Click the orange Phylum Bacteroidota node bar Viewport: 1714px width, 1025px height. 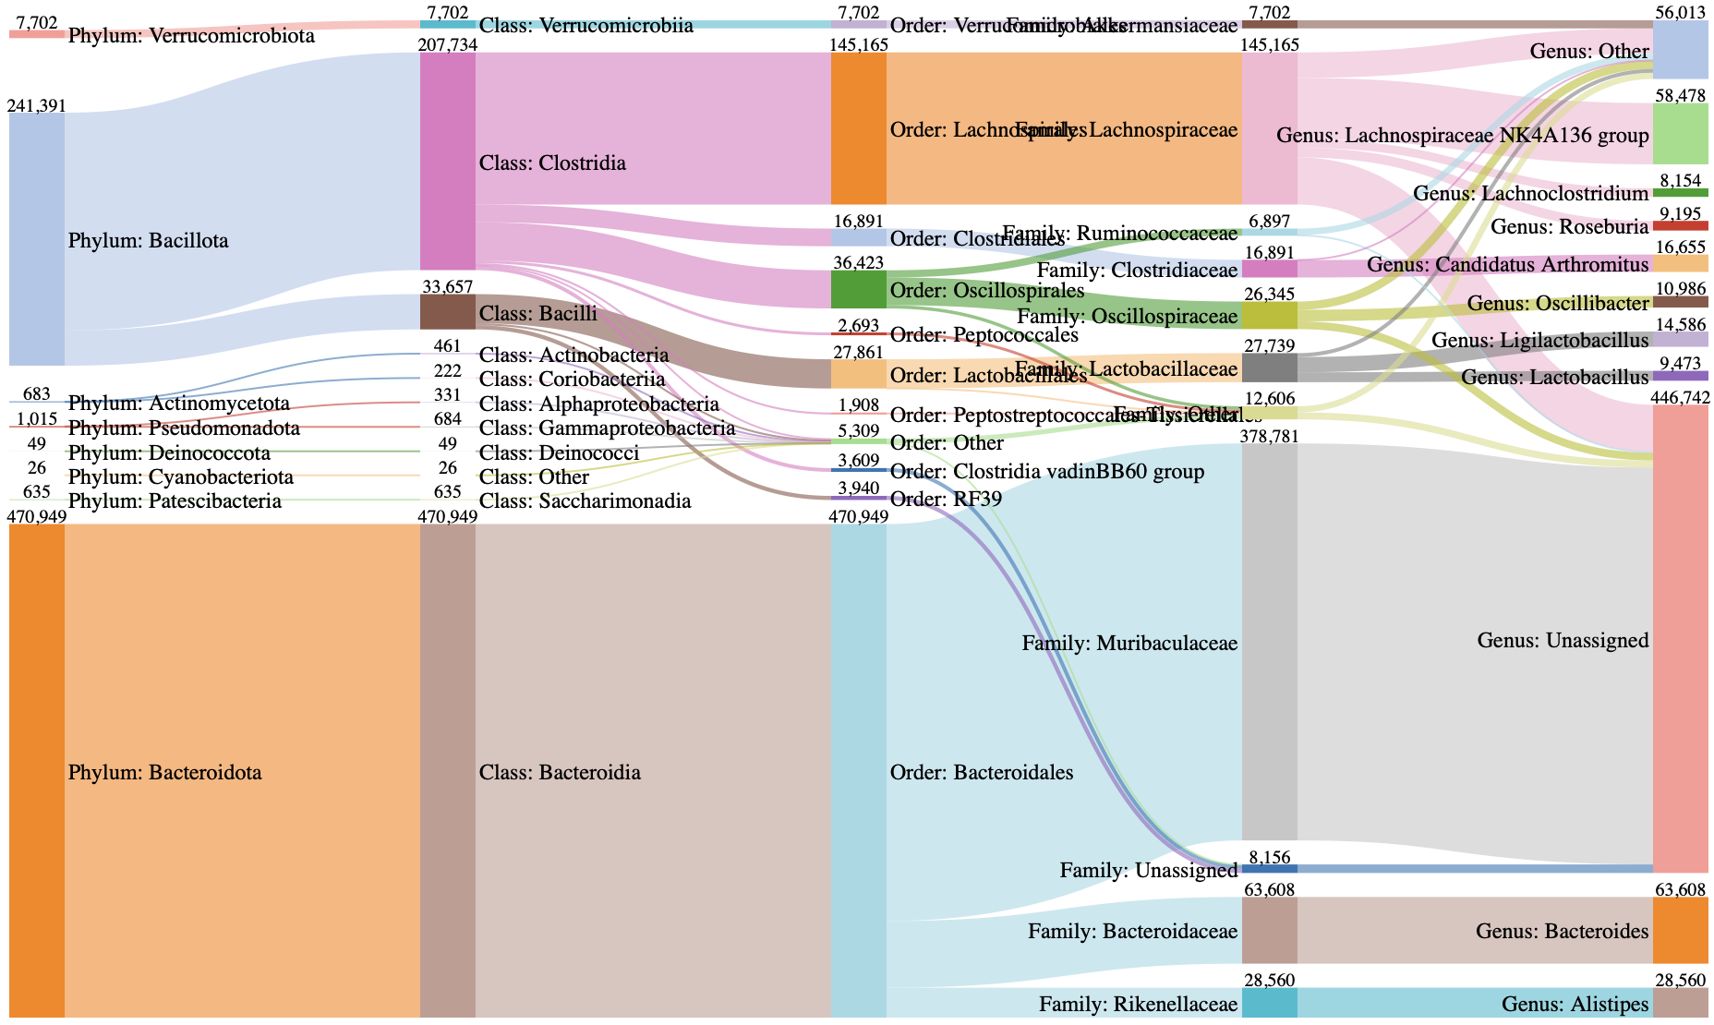tap(37, 770)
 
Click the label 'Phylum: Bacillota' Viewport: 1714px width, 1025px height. tap(148, 241)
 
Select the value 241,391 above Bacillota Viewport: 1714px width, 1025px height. tap(37, 105)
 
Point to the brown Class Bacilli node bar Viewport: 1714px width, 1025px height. tap(448, 312)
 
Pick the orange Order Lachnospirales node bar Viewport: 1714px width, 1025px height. tap(859, 127)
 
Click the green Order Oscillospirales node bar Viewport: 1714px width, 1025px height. tap(859, 290)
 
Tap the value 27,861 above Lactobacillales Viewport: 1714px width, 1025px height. tap(859, 352)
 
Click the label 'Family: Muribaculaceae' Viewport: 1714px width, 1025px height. tap(1129, 643)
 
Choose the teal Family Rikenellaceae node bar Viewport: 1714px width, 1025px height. tap(1270, 1003)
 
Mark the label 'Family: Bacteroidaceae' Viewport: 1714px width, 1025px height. tap(1132, 931)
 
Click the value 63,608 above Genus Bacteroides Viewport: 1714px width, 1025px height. tap(1680, 889)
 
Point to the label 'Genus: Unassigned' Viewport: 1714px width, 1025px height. tap(1563, 641)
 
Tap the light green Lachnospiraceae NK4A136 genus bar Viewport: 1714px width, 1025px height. tap(1680, 133)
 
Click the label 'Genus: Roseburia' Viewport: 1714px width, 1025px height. tap(1569, 227)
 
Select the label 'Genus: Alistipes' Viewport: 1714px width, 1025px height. tap(1575, 1004)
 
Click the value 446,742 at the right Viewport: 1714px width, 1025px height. tap(1680, 397)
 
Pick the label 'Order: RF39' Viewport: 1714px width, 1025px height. tap(946, 500)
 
